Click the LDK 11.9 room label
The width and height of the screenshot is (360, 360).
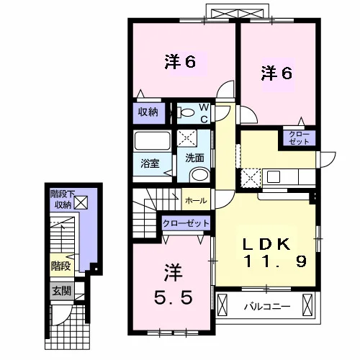(x=275, y=253)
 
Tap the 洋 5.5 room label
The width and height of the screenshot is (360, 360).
(x=173, y=285)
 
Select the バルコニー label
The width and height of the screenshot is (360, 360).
(x=267, y=307)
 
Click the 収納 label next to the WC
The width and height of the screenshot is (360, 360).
(x=148, y=112)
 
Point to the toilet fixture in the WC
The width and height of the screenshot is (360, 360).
(x=186, y=113)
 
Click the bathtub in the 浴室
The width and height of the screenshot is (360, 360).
(x=153, y=140)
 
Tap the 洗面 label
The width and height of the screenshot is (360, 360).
(x=194, y=158)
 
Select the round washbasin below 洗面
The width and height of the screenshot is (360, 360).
(x=200, y=175)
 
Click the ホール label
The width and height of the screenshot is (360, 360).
(x=196, y=200)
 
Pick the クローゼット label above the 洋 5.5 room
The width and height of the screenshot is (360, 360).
(x=186, y=223)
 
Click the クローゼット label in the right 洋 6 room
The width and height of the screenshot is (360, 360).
(x=299, y=138)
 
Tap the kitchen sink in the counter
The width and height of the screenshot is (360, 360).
(x=274, y=177)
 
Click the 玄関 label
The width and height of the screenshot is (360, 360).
(x=62, y=291)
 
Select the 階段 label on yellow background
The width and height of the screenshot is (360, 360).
(x=61, y=266)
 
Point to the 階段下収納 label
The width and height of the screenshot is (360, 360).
(x=63, y=199)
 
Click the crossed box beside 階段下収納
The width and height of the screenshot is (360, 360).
(x=81, y=202)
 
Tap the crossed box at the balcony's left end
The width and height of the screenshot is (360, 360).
(x=222, y=305)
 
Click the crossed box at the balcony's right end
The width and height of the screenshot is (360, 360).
(x=307, y=305)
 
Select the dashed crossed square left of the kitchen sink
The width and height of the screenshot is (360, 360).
(x=251, y=179)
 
